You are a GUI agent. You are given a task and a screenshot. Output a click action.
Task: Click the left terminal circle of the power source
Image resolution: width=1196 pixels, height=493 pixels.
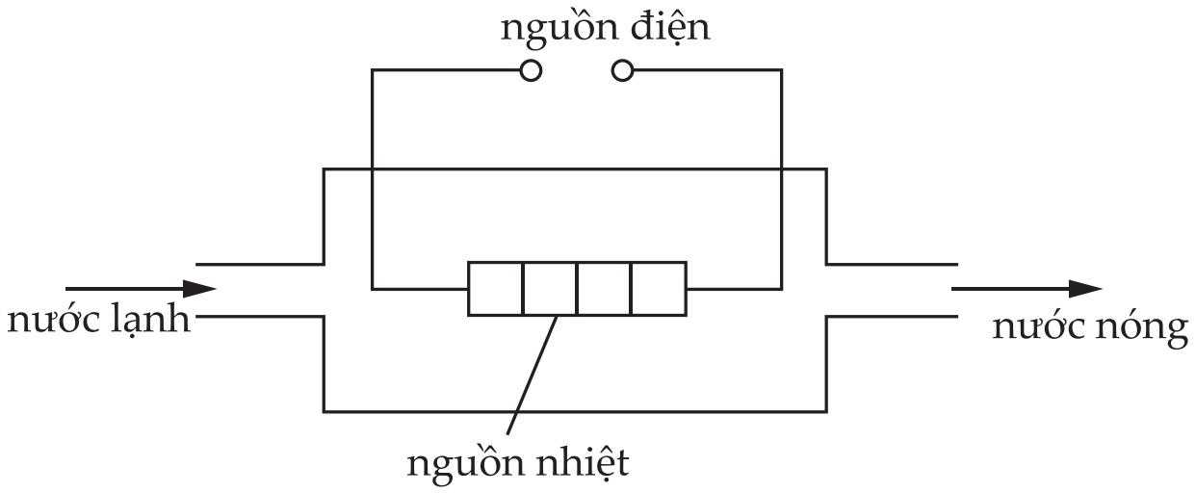point(530,70)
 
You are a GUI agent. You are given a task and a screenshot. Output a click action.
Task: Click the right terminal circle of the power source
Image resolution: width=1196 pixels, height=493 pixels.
point(623,70)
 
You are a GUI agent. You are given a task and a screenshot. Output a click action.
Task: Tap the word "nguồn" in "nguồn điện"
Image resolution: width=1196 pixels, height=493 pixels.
point(548,29)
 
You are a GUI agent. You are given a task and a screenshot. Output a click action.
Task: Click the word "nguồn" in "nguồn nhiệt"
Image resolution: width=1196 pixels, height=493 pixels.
point(455,465)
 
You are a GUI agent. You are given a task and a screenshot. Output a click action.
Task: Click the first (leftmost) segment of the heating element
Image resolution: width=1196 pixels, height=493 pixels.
point(496,288)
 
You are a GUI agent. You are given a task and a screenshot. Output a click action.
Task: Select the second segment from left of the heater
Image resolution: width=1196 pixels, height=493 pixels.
point(550,288)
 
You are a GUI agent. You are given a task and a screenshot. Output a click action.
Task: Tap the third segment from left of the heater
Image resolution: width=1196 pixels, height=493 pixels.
point(604,288)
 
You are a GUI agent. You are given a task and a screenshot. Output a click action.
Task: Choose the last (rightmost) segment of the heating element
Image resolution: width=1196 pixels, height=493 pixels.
point(659,288)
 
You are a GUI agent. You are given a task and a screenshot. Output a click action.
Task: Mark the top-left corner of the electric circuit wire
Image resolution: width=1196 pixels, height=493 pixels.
point(373,70)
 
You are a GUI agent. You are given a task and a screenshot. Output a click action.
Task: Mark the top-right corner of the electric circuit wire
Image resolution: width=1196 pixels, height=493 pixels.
point(781,70)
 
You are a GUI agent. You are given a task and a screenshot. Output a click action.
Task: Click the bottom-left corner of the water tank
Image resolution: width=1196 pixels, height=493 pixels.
point(325,411)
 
